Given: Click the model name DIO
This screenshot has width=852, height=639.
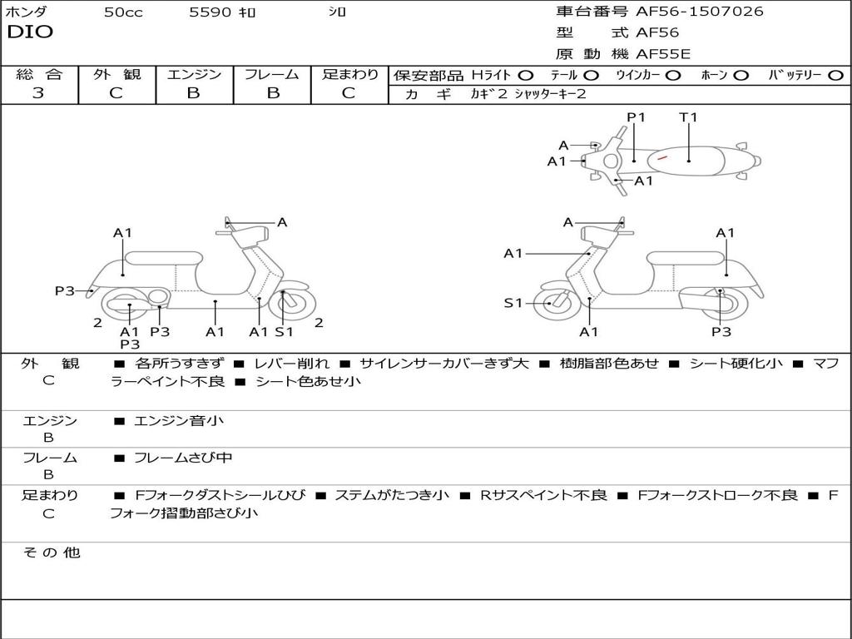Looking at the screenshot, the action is click(31, 32).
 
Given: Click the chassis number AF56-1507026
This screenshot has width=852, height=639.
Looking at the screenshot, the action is click(699, 12).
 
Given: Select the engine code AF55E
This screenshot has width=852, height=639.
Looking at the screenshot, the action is click(663, 54).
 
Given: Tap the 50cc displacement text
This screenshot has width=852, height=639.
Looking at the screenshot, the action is click(123, 12).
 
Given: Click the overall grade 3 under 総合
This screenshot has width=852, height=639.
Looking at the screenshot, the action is click(38, 93).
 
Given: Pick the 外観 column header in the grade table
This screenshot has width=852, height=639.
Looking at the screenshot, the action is click(116, 74).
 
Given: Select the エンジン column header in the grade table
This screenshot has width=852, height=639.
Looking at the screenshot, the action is click(194, 74).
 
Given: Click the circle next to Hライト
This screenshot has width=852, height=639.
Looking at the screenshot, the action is click(526, 76).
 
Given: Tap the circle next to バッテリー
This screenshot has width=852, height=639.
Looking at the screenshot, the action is click(835, 76).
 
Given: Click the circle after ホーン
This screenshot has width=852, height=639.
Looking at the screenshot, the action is click(740, 76).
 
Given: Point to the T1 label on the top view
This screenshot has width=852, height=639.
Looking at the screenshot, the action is click(688, 117).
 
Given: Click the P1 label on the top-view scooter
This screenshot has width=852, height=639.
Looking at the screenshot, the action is click(636, 117).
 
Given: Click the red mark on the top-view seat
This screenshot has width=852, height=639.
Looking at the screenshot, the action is click(661, 157).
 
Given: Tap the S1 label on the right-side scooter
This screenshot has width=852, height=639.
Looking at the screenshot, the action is click(513, 303).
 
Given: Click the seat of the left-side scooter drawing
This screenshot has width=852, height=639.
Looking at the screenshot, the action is click(164, 258).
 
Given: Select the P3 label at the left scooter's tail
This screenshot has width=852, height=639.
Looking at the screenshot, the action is click(64, 291).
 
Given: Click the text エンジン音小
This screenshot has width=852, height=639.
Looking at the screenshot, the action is click(179, 420).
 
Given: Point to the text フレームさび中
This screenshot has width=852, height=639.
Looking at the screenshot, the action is click(183, 458).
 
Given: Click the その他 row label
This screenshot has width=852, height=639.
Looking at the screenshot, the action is click(52, 552).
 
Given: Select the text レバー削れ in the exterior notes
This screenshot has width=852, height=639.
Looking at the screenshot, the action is click(291, 364).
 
